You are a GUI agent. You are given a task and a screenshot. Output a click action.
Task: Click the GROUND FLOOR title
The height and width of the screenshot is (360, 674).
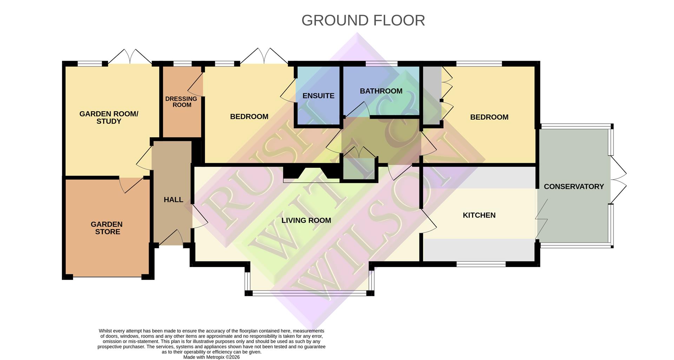point(363,20)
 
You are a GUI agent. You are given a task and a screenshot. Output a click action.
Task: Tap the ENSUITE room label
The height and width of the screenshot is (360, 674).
point(318,96)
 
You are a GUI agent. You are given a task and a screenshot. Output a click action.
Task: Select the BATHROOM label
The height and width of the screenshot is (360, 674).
point(381,91)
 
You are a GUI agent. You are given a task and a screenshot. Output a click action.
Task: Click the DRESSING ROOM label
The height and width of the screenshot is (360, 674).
point(181,102)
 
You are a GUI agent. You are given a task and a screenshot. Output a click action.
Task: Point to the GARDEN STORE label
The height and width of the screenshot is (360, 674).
point(107,228)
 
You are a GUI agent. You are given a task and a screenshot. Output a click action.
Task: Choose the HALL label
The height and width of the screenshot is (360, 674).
point(173,200)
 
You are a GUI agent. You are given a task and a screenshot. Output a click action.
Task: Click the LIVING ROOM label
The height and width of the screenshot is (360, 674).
point(306,220)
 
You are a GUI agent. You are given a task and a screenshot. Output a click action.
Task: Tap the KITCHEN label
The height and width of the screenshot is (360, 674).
point(479,215)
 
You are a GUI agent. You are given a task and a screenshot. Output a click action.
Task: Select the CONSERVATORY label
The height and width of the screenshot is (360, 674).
point(574,187)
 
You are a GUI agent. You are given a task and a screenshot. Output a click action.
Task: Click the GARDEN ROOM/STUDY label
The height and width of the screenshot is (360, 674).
point(109,118)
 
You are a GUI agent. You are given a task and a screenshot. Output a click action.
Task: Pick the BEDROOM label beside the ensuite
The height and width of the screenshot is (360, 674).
point(249,116)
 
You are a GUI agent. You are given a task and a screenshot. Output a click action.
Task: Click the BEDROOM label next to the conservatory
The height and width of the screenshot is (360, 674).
point(489,117)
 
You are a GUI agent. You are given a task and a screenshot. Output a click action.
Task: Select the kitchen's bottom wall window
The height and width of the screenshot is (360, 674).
point(481,264)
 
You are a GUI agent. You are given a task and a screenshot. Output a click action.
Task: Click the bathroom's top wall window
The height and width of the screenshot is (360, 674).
point(381,64)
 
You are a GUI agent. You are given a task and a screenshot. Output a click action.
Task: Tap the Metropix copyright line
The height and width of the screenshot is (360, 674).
point(211,357)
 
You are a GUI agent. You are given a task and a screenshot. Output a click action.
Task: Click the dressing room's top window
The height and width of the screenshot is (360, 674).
point(182,64)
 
